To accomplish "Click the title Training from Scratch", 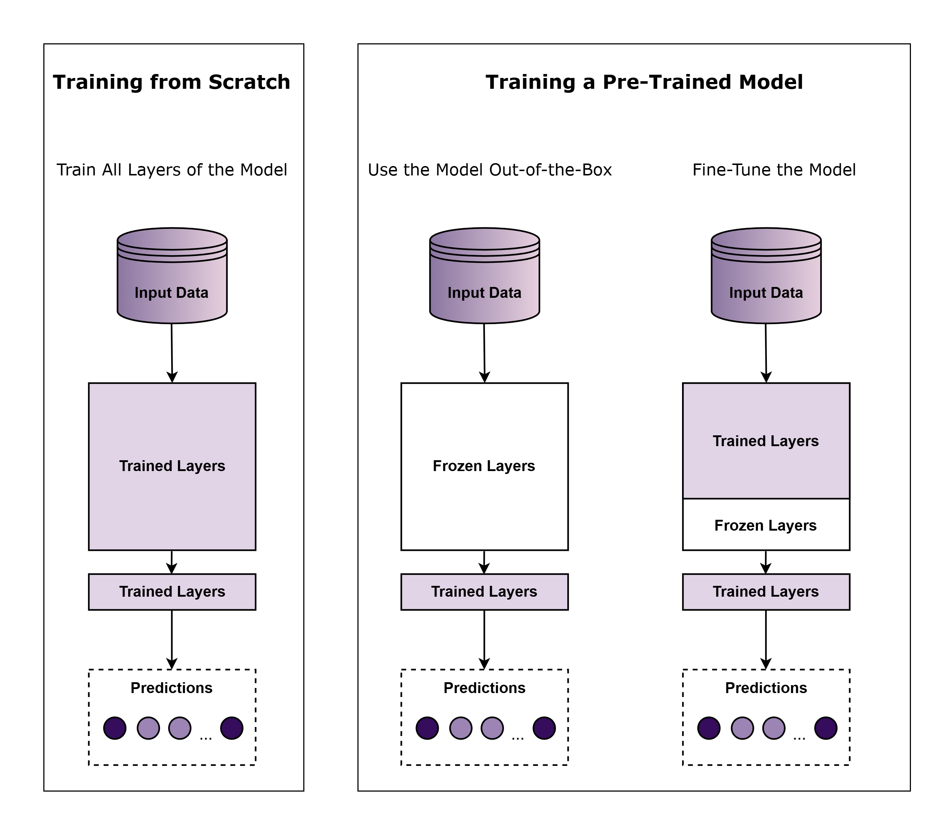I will [x=171, y=82].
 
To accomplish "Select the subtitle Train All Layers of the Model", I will [x=171, y=170].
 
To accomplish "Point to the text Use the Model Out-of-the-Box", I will [x=489, y=170].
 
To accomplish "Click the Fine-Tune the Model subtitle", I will [x=774, y=170].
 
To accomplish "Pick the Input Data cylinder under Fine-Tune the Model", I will [x=766, y=280].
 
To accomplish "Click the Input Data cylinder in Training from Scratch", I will [x=172, y=280].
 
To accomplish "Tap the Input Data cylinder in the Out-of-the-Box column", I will [x=484, y=280].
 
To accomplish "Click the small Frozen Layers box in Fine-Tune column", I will [x=766, y=525].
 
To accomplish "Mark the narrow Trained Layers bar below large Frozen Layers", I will [x=484, y=592].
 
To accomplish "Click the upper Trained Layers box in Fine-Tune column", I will [x=766, y=441].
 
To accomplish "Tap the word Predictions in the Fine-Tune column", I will [x=766, y=688].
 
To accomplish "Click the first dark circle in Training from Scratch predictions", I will [x=115, y=728].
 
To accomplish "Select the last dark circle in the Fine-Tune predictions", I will [x=826, y=728].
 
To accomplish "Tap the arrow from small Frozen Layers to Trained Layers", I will [x=765, y=562].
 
